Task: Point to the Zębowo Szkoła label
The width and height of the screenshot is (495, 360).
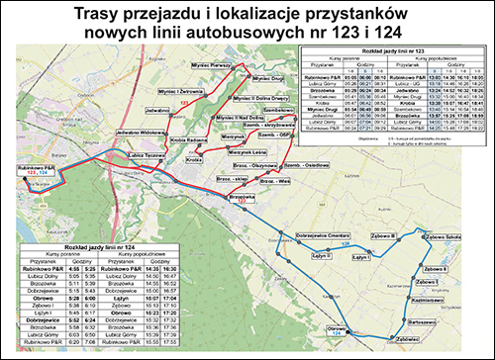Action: point(439,237)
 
